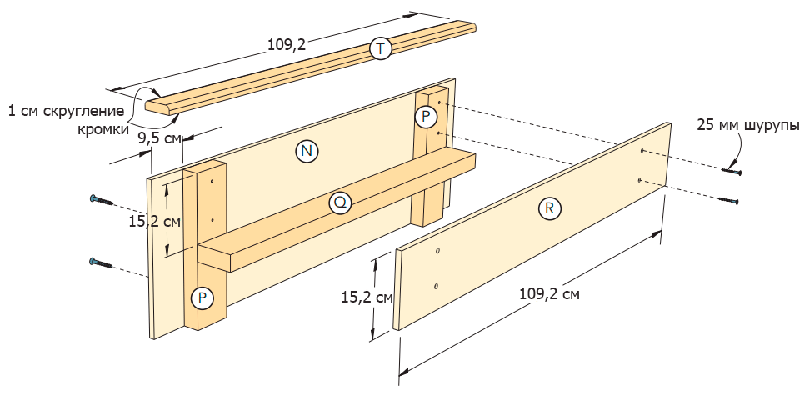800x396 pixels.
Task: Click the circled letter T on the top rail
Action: [x=380, y=49]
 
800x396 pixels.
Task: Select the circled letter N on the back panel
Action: [x=307, y=150]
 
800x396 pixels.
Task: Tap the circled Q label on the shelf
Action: [x=339, y=203]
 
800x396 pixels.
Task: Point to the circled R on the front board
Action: [x=548, y=208]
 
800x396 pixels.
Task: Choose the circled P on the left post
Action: [x=202, y=297]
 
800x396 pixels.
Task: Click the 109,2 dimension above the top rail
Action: [x=286, y=45]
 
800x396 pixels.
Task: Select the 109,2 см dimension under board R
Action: [x=549, y=293]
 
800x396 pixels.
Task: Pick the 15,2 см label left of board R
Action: [x=367, y=296]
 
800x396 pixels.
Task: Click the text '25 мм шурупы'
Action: [x=747, y=126]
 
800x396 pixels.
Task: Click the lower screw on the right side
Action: [x=728, y=200]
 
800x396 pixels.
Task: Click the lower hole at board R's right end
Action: [x=639, y=180]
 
